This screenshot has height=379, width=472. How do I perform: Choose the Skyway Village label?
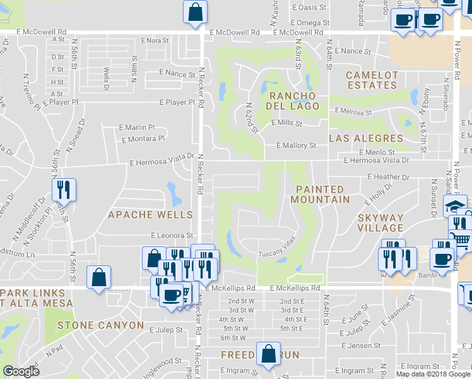381,222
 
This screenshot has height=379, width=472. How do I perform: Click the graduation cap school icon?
454,207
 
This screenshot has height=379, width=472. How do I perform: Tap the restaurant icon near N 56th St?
64,189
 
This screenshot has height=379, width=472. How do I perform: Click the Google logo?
21,371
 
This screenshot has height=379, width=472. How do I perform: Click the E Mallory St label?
296,145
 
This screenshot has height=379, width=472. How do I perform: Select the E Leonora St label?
172,235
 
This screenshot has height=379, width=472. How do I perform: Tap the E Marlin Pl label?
136,127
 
